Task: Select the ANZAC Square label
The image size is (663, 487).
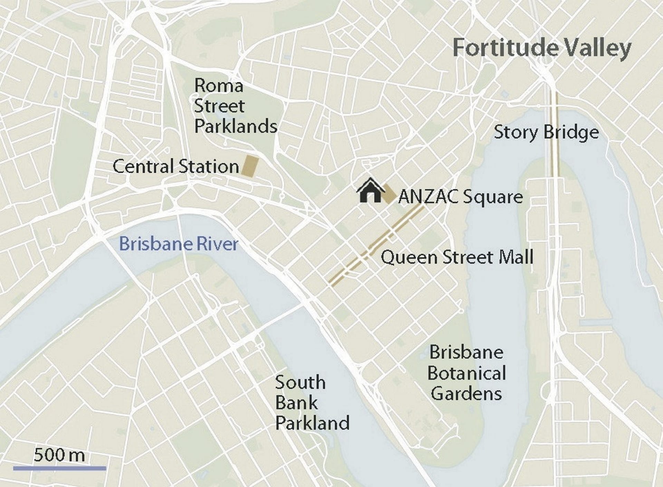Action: (x=460, y=197)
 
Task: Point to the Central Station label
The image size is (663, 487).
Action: (x=176, y=166)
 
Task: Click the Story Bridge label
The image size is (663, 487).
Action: (x=546, y=132)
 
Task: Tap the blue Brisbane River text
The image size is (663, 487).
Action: (x=179, y=244)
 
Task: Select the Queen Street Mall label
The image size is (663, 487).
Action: (x=457, y=257)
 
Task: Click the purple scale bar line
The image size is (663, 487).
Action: (x=59, y=468)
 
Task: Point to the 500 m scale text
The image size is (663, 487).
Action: (x=59, y=455)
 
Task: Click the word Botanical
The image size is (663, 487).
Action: (x=467, y=373)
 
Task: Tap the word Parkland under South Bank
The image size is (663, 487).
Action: (x=312, y=423)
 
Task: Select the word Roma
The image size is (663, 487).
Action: (x=219, y=86)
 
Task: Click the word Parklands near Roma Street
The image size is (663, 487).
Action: (x=236, y=126)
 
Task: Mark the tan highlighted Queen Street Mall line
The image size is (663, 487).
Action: (x=373, y=246)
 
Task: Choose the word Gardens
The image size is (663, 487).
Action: (x=466, y=393)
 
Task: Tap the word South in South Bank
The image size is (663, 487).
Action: (x=300, y=382)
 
